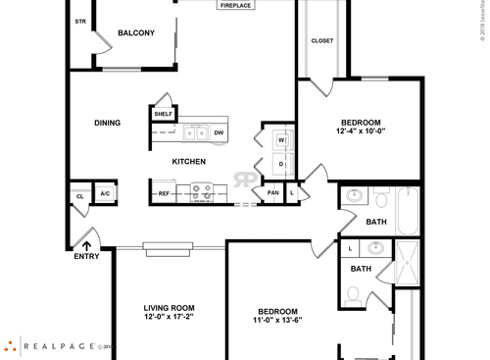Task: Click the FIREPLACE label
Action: point(235,6)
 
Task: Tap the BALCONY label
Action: point(136,33)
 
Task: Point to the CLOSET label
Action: point(321,40)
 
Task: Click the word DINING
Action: point(108,123)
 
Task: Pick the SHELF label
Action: point(163,114)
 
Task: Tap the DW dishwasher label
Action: point(219,132)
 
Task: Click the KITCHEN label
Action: point(188,161)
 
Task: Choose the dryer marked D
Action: point(280,163)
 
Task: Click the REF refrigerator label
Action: point(164,193)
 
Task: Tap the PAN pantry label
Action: point(272,193)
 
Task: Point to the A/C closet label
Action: point(105,193)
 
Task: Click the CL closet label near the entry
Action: point(79,196)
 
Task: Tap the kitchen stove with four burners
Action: point(202,191)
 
